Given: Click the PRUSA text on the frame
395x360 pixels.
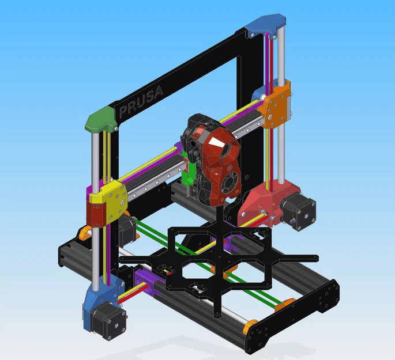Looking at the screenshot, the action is pos(141,101).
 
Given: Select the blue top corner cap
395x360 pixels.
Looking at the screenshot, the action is pos(265,25).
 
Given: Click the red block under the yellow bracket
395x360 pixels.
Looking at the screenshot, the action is pos(93,213).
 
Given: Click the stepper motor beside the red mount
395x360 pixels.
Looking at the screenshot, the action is pos(299,211).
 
